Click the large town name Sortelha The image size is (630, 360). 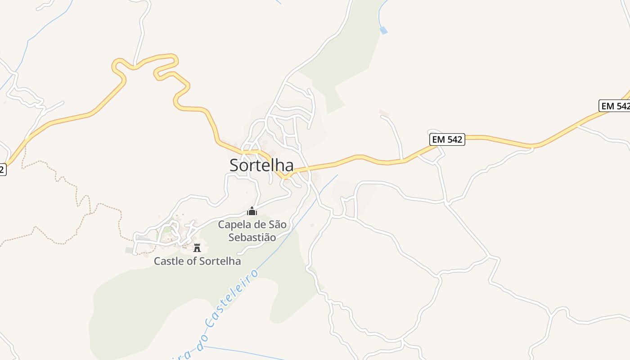(261, 165)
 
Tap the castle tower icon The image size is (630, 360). (197, 247)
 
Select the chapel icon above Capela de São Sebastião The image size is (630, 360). (252, 211)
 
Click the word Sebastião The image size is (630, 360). (252, 237)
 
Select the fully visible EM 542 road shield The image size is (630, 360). (447, 139)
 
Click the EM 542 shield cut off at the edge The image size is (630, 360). (615, 106)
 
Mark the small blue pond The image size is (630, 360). (383, 30)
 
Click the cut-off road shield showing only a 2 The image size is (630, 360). (2, 170)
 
